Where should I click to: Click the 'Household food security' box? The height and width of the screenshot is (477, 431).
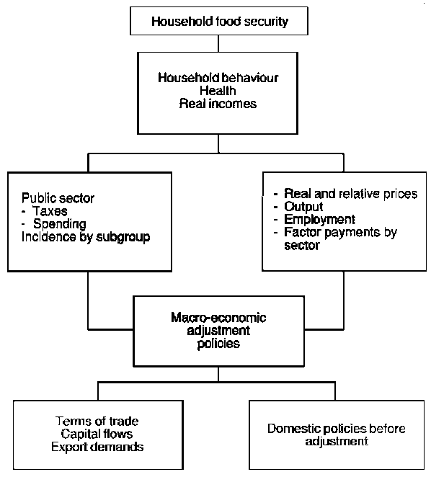tap(219, 21)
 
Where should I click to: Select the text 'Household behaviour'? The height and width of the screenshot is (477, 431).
tap(217, 76)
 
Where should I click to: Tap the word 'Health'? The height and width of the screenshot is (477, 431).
tap(217, 90)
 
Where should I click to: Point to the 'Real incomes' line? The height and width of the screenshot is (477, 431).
tap(217, 104)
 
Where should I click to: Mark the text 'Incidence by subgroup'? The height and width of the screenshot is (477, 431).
tap(84, 237)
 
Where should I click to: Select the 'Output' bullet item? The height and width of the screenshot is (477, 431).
tap(303, 207)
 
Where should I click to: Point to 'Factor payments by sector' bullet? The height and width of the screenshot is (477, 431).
tap(339, 239)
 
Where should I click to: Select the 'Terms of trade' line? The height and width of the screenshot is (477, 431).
tap(97, 421)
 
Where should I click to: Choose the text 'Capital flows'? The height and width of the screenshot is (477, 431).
tap(97, 434)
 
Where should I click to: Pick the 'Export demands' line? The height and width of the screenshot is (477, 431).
tap(97, 447)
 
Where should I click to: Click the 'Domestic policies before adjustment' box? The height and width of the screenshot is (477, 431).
tap(336, 434)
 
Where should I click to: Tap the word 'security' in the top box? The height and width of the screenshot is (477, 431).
tap(262, 21)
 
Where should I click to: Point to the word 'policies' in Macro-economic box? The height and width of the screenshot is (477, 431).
tap(216, 344)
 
